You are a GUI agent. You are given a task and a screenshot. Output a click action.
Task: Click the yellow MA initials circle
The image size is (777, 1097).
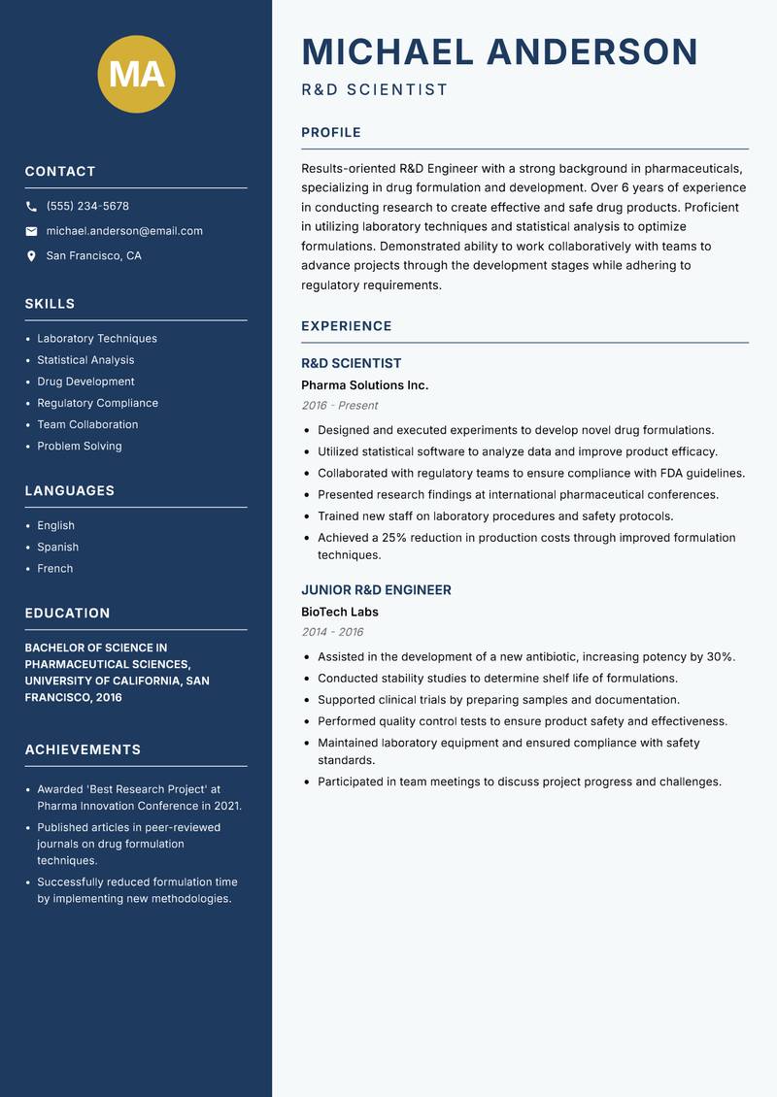(137, 74)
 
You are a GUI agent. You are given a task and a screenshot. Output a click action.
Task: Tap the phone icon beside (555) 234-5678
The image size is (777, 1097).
(31, 207)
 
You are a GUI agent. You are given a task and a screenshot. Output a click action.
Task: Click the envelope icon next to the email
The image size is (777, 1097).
(31, 231)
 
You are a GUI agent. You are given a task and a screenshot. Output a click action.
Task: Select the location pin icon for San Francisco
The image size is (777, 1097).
(31, 256)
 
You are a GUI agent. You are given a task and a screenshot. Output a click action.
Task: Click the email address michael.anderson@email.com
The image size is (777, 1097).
(124, 231)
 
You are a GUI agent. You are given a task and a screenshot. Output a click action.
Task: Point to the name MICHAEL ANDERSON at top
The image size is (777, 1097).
(499, 51)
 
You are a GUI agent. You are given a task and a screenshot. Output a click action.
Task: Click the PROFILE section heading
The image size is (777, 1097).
(330, 133)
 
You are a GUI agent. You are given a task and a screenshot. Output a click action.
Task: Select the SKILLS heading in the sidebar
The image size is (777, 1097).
(50, 304)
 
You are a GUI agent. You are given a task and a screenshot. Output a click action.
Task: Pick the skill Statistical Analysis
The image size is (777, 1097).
(85, 360)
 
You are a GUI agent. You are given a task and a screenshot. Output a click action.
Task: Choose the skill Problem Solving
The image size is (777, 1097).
(80, 447)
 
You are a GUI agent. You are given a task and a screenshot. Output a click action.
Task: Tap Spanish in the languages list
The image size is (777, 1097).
(58, 548)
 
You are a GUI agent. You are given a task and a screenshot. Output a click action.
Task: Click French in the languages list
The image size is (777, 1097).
(55, 569)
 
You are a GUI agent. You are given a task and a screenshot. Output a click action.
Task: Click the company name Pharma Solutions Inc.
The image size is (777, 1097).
(364, 385)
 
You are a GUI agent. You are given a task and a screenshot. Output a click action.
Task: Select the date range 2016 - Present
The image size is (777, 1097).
(339, 406)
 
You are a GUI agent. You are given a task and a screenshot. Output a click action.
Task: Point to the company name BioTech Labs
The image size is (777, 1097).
(339, 613)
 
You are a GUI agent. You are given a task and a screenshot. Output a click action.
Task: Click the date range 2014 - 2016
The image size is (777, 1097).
(331, 632)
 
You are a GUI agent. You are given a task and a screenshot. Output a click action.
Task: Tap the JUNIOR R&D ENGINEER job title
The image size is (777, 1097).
(376, 590)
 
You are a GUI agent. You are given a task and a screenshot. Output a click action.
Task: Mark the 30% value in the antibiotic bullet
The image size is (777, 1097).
(719, 657)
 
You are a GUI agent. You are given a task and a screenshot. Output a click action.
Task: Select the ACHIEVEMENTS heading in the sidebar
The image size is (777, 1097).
(83, 750)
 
